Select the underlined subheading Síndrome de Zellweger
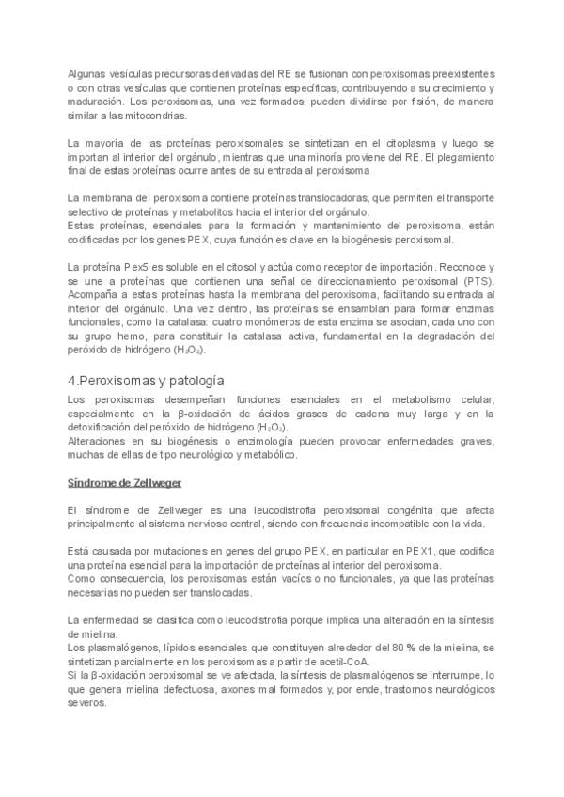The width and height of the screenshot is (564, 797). tap(124, 481)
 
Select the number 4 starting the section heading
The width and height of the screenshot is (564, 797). tap(73, 380)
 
